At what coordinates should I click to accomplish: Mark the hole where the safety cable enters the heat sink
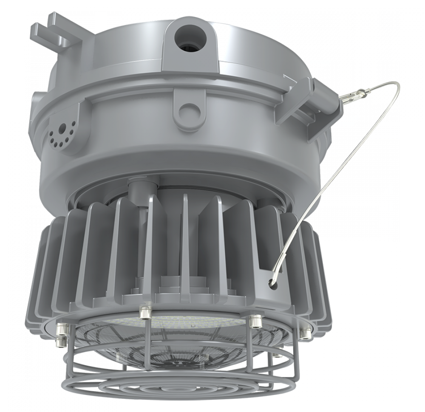(271, 281)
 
